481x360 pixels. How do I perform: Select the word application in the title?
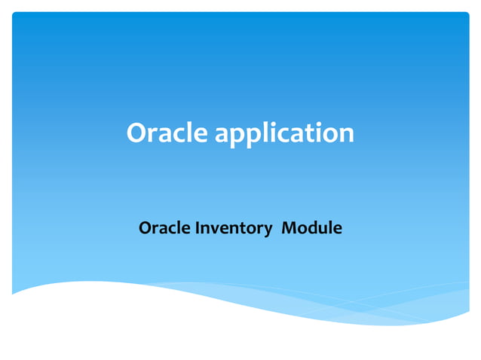coord(284,135)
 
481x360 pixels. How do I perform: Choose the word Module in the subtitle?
coord(311,227)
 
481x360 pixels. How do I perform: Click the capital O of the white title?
coord(137,133)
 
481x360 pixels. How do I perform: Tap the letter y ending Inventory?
coord(268,230)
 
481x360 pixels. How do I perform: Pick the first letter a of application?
coord(224,135)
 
